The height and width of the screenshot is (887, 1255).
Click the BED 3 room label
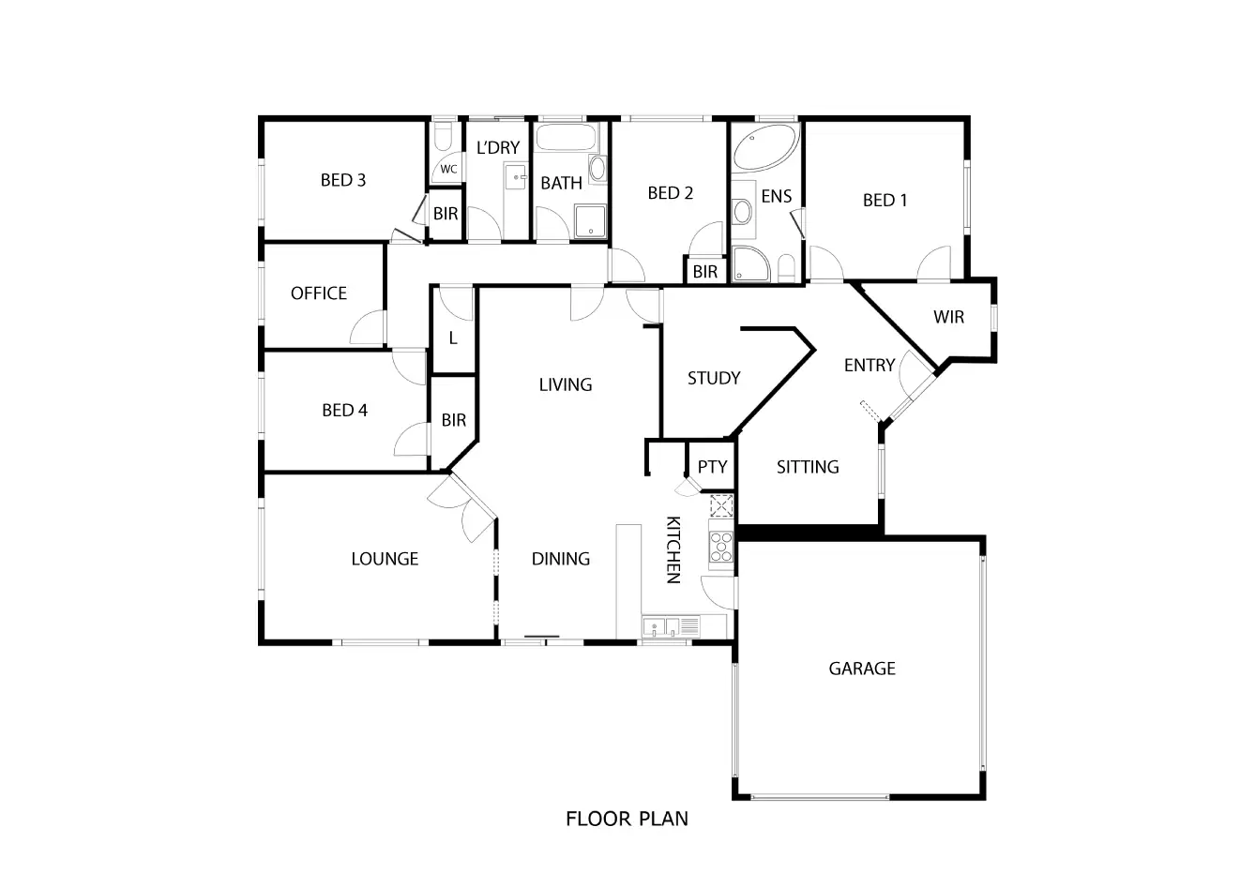pyautogui.click(x=342, y=180)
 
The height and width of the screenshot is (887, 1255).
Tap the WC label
pyautogui.click(x=448, y=170)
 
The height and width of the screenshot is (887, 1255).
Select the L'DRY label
pyautogui.click(x=498, y=147)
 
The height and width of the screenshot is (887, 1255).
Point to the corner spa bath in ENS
pyautogui.click(x=764, y=150)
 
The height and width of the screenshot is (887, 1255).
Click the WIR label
pyautogui.click(x=948, y=317)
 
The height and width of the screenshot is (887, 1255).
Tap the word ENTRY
pyautogui.click(x=869, y=366)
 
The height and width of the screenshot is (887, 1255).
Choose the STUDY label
pyautogui.click(x=714, y=378)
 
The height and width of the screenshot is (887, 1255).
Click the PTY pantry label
pyautogui.click(x=713, y=467)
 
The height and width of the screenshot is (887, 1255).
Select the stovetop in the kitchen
pyautogui.click(x=721, y=546)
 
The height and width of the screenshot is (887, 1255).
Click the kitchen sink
pyautogui.click(x=662, y=625)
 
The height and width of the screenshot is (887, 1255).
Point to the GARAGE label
pyautogui.click(x=862, y=669)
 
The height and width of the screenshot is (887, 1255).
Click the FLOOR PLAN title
pyautogui.click(x=627, y=819)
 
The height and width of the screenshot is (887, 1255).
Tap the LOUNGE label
pyautogui.click(x=385, y=559)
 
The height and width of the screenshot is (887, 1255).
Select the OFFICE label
pyautogui.click(x=319, y=293)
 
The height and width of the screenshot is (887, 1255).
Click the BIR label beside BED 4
pyautogui.click(x=454, y=421)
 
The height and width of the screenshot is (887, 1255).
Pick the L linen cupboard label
pyautogui.click(x=453, y=338)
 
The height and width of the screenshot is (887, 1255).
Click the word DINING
pyautogui.click(x=561, y=559)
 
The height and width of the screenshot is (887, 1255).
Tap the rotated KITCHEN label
pyautogui.click(x=673, y=549)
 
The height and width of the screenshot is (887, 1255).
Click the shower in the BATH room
pyautogui.click(x=591, y=221)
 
